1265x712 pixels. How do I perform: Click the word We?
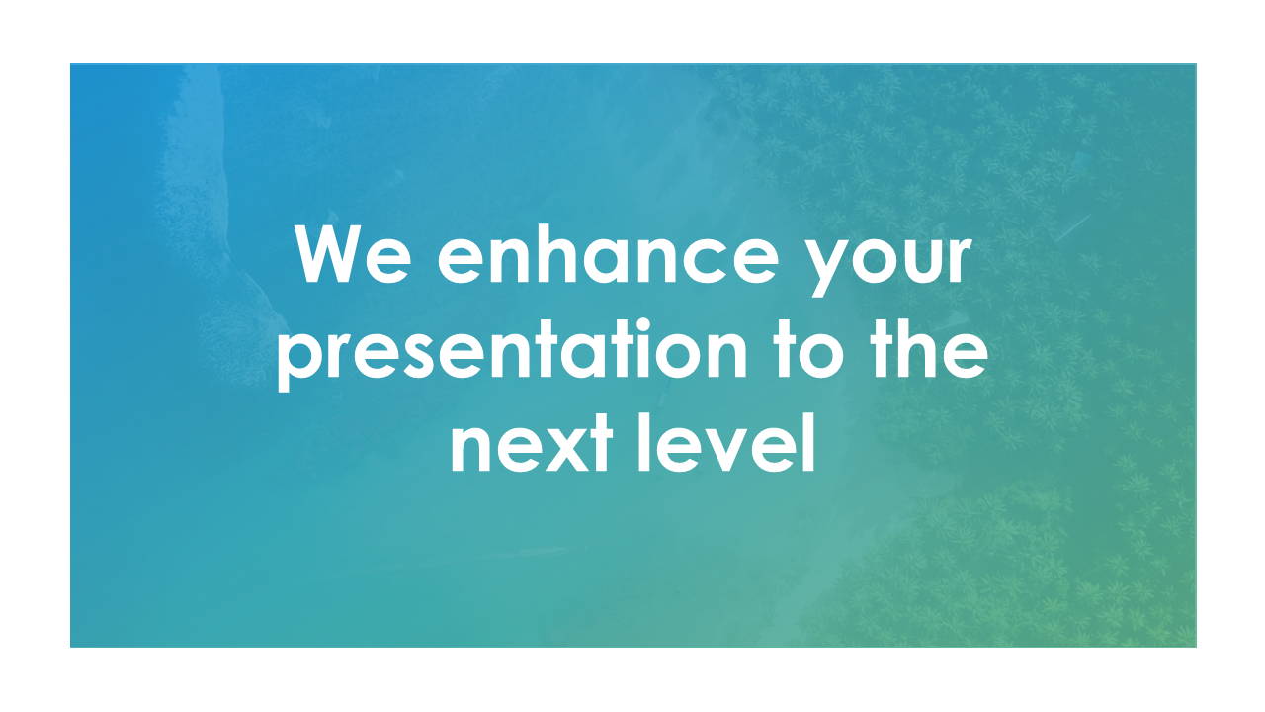[353, 254]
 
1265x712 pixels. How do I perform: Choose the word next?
[532, 445]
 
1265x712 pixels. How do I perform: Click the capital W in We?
[330, 254]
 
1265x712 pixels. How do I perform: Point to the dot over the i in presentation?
[642, 326]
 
